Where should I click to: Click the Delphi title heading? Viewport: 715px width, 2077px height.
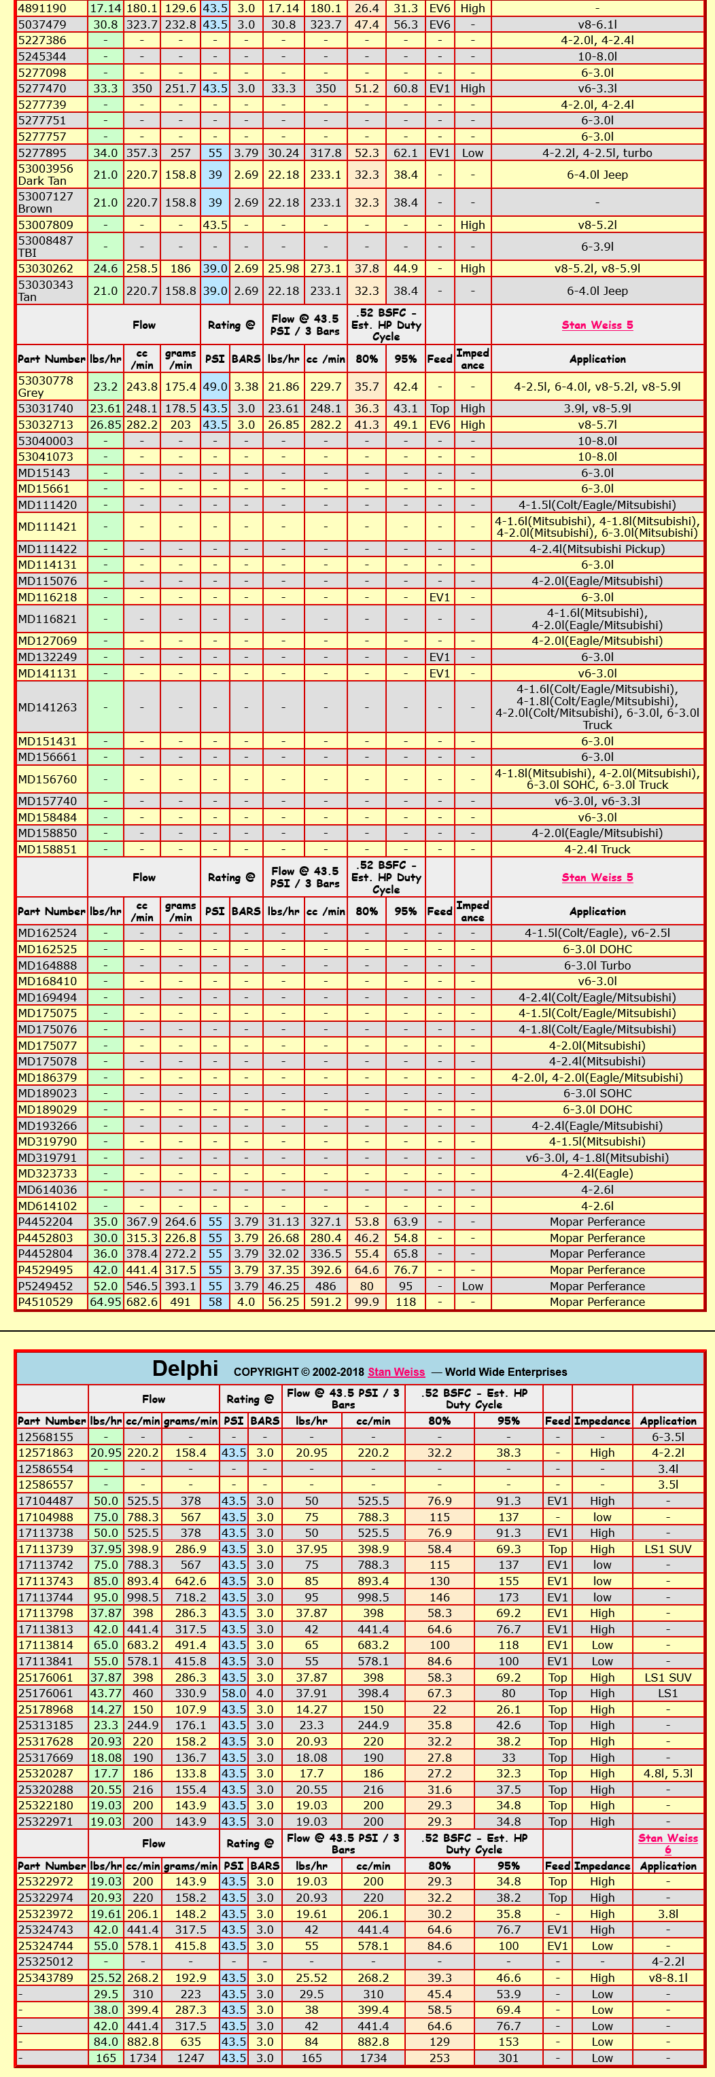click(185, 1369)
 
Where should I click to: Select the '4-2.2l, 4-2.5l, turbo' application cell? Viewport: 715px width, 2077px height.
click(597, 153)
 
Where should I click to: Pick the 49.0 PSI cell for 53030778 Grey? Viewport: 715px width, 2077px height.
click(215, 387)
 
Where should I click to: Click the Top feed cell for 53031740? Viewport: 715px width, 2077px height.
click(439, 409)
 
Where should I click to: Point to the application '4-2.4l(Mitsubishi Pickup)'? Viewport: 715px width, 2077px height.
click(597, 549)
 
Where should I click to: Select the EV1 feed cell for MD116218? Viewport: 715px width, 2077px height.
click(439, 597)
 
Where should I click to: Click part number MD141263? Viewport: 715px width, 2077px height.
click(48, 707)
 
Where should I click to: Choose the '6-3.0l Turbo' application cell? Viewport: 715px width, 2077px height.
click(597, 965)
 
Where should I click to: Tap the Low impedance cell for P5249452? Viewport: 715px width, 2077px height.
click(472, 1286)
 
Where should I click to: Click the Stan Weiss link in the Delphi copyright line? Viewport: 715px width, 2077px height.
click(396, 1372)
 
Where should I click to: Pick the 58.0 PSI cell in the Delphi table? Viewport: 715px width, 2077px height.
click(233, 1693)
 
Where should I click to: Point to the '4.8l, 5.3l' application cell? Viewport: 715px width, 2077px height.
click(667, 1773)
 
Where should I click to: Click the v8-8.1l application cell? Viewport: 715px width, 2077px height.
click(667, 1978)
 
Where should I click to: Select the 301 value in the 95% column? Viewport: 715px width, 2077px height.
click(508, 2058)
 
